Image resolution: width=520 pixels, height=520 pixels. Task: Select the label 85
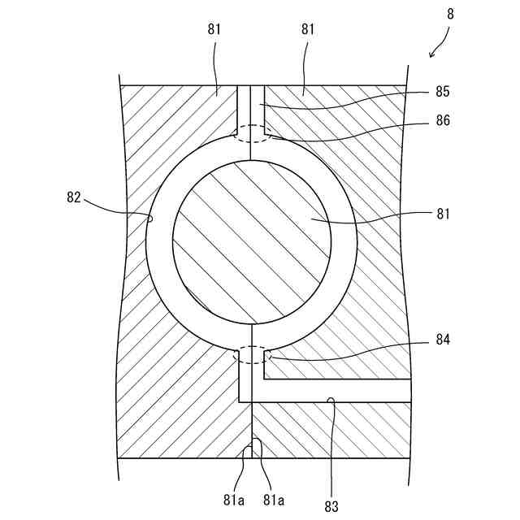(442, 92)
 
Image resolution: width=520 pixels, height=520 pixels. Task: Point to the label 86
(442, 121)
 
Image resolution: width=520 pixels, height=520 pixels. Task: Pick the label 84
(442, 338)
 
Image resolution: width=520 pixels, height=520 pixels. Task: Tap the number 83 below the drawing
(331, 506)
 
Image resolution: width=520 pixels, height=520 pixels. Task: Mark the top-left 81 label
(214, 30)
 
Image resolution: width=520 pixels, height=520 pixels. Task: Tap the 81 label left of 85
(309, 30)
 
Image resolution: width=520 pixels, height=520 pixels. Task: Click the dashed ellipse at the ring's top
(252, 132)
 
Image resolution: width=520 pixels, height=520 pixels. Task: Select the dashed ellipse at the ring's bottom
(252, 355)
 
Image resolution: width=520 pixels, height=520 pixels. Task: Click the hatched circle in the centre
(252, 239)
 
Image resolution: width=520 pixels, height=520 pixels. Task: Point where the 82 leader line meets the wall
(150, 218)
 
